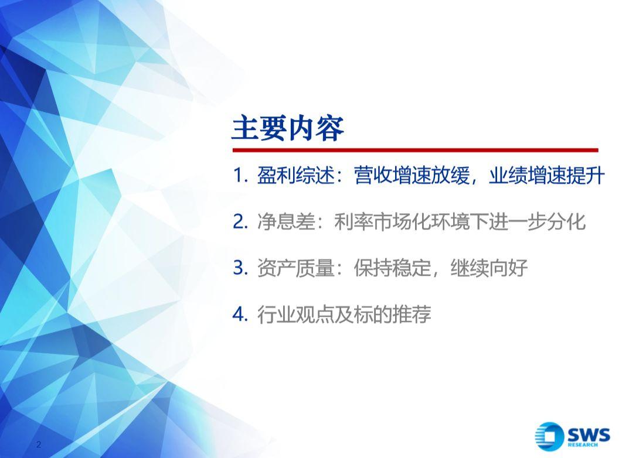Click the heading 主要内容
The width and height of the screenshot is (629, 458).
[x=288, y=128]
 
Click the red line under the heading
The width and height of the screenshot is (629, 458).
[x=415, y=151]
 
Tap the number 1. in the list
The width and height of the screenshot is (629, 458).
[x=240, y=176]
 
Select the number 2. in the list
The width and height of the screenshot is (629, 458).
[x=240, y=222]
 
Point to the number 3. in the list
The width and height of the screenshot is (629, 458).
[x=240, y=268]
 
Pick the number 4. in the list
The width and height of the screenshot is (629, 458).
[x=240, y=315]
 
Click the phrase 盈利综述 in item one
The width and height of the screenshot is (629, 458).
[x=295, y=176]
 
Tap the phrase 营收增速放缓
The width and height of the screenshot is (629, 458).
[x=412, y=176]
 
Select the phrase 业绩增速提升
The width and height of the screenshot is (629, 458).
[x=546, y=176]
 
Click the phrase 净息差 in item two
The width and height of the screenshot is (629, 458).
[x=286, y=222]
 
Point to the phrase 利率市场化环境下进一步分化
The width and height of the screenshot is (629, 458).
[x=460, y=222]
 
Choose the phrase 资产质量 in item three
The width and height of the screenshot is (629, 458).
[x=295, y=268]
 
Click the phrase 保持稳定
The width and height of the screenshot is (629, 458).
[x=392, y=268]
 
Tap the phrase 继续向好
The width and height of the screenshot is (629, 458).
[x=488, y=268]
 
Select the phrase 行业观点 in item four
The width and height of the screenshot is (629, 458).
[x=295, y=315]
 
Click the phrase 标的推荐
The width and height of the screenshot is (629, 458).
[x=392, y=315]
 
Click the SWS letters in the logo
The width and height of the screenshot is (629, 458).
[x=589, y=435]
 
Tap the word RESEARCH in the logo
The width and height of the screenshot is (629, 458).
[x=583, y=445]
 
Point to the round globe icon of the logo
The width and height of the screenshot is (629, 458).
[x=549, y=436]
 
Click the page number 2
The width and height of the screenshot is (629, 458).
[x=39, y=444]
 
